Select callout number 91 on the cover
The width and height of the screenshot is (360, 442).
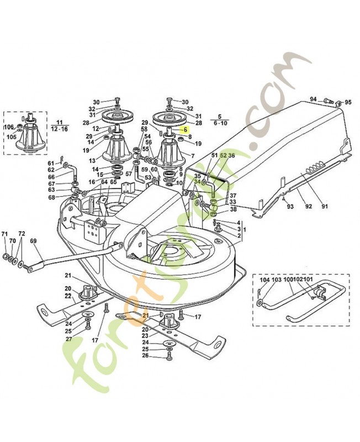pyautogui.click(x=325, y=207)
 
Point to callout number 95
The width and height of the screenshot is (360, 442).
pyautogui.click(x=348, y=102)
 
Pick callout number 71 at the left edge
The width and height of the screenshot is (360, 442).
pyautogui.click(x=4, y=234)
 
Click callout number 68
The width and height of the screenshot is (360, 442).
pyautogui.click(x=51, y=198)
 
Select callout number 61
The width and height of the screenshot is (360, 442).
pyautogui.click(x=51, y=163)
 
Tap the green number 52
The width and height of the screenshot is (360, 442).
pyautogui.click(x=223, y=156)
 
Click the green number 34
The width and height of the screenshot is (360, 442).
pyautogui.click(x=197, y=182)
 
